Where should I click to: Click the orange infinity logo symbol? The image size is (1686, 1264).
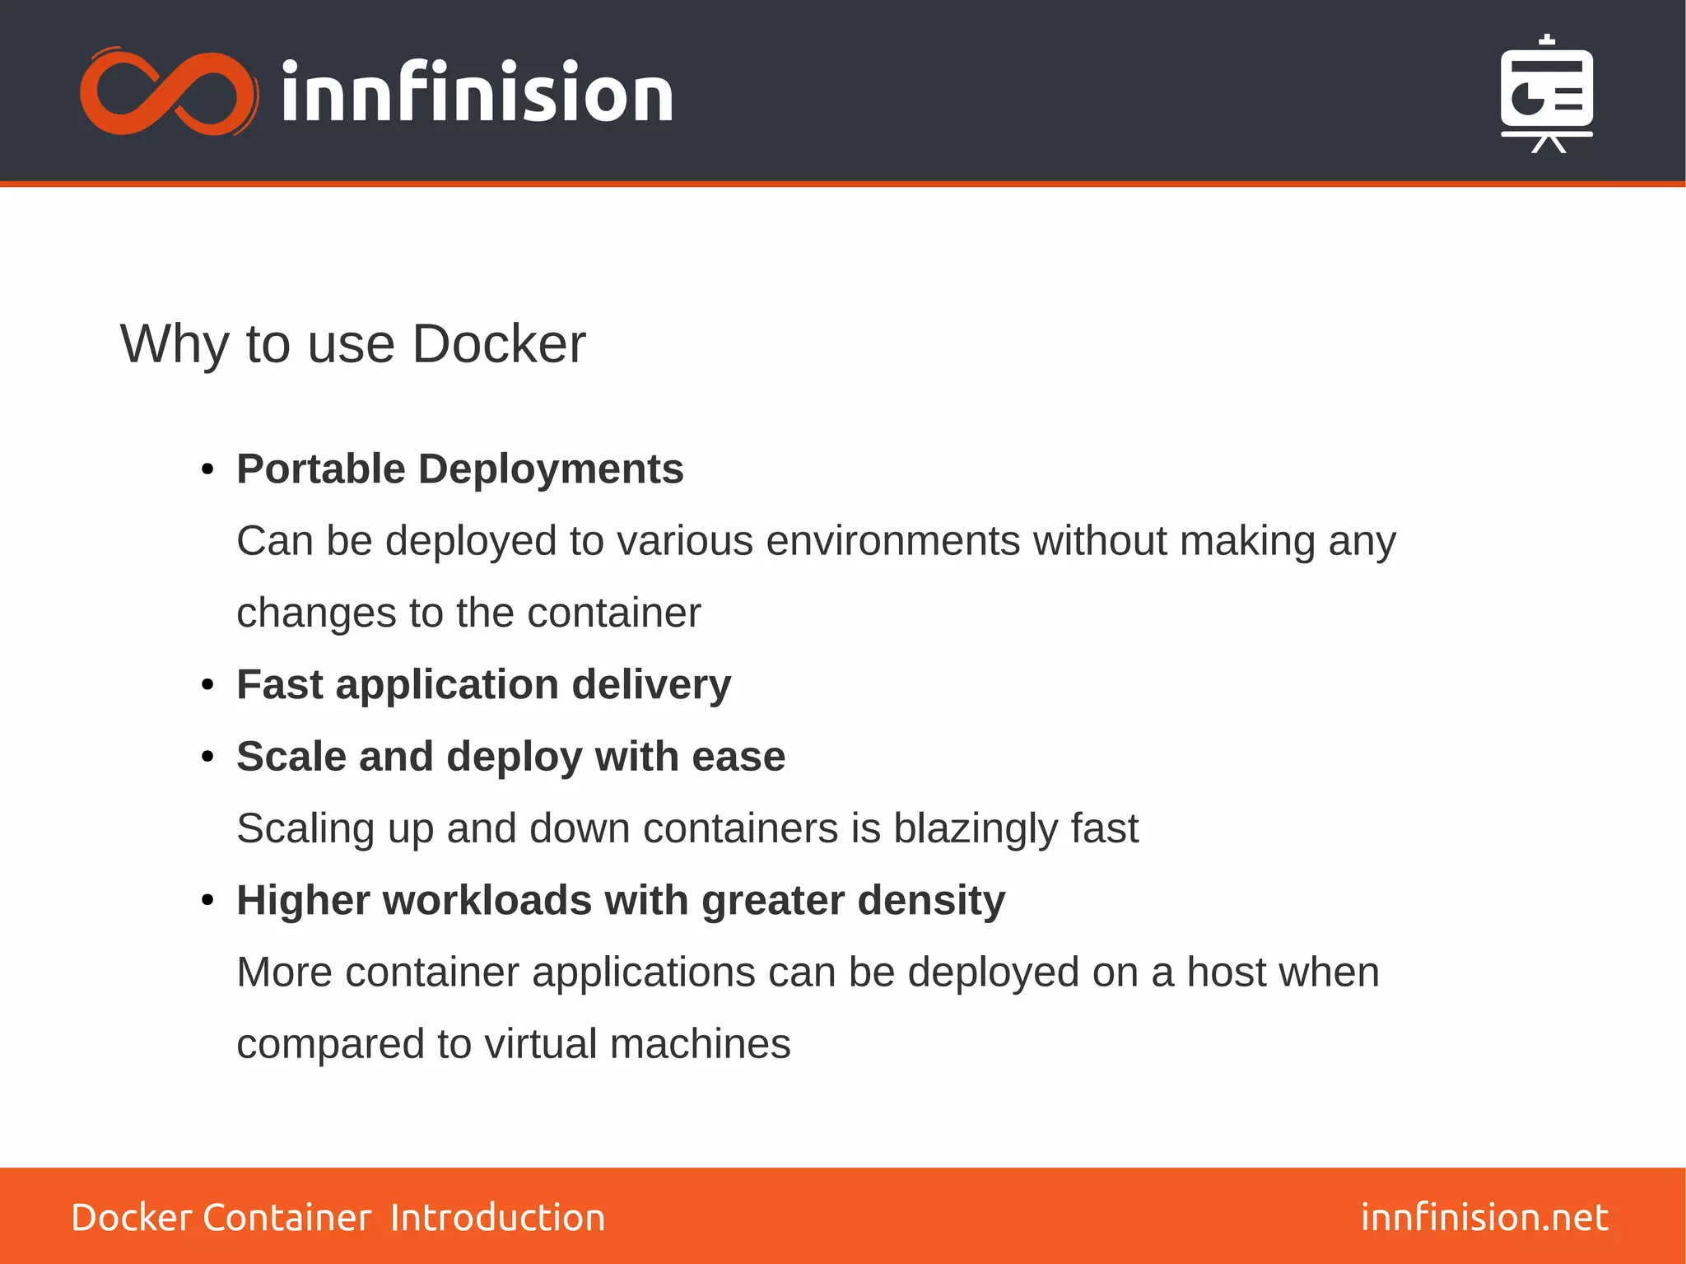tap(168, 92)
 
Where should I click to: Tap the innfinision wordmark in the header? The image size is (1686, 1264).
tap(477, 94)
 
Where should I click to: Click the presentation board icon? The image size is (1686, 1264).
tap(1546, 95)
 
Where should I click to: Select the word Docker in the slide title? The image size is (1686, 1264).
tap(498, 344)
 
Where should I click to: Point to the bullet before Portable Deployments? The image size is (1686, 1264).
tap(207, 470)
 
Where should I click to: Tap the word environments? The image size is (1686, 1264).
tap(892, 542)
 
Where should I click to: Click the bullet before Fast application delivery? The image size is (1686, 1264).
tap(207, 685)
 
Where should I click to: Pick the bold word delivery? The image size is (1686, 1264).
tap(650, 685)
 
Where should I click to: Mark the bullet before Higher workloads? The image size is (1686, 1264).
tap(207, 901)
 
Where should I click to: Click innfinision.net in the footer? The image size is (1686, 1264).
tap(1483, 1217)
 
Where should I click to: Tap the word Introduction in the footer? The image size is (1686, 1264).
tap(497, 1217)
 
